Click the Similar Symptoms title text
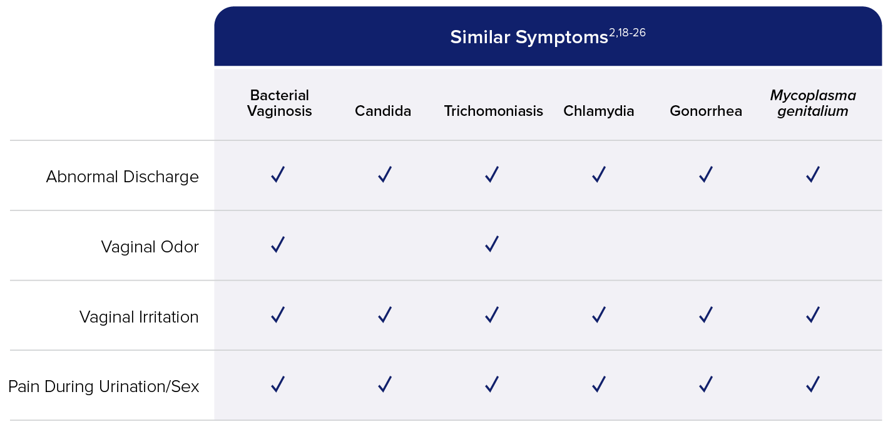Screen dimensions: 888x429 529,38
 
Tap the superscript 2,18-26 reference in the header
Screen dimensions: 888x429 627,33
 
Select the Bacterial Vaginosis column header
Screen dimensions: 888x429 280,103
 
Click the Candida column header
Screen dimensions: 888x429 383,111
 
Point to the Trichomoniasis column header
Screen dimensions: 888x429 494,111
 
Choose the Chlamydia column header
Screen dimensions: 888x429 599,111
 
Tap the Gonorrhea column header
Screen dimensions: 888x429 706,111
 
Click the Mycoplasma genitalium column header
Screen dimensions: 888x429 813,103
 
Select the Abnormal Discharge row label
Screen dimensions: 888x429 122,177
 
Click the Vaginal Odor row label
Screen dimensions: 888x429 150,247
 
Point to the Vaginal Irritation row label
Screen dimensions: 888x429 139,317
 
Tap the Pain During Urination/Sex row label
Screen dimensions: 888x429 103,386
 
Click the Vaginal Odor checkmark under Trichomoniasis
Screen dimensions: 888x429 492,244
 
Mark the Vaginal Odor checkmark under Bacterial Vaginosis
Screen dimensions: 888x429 278,244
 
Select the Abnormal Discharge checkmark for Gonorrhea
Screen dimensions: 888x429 706,174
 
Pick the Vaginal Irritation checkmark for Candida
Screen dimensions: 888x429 385,315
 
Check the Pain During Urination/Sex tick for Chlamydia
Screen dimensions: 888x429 599,384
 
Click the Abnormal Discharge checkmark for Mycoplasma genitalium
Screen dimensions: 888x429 813,174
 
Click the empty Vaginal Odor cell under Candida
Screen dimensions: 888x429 385,246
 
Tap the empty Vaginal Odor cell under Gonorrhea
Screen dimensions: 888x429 706,246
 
